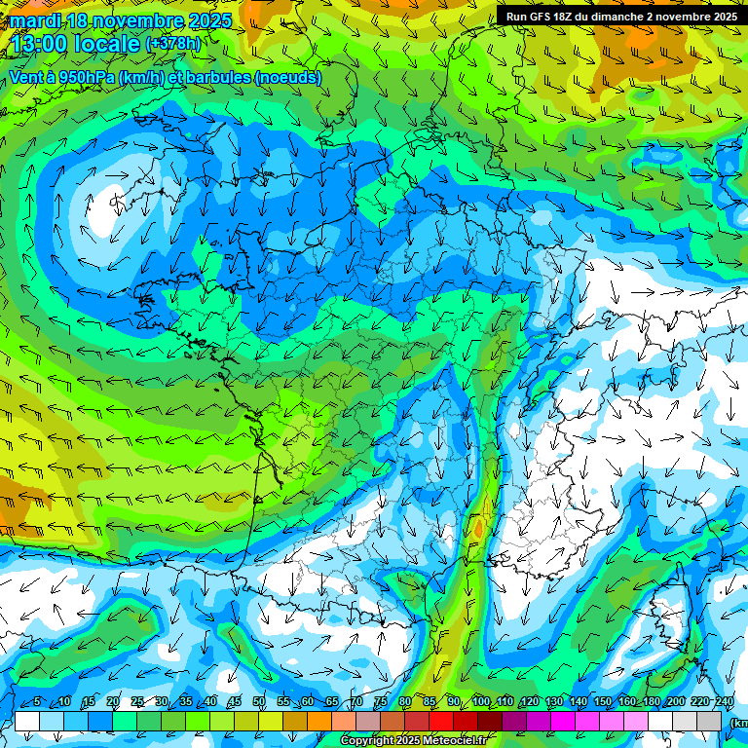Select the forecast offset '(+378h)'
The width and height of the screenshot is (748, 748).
172,43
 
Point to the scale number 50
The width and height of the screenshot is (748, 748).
259,702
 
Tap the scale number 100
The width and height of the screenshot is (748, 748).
481,702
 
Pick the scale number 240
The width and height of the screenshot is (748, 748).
725,702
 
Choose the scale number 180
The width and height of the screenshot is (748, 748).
652,702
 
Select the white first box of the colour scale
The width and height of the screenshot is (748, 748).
27,722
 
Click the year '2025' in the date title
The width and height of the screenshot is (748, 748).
207,20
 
